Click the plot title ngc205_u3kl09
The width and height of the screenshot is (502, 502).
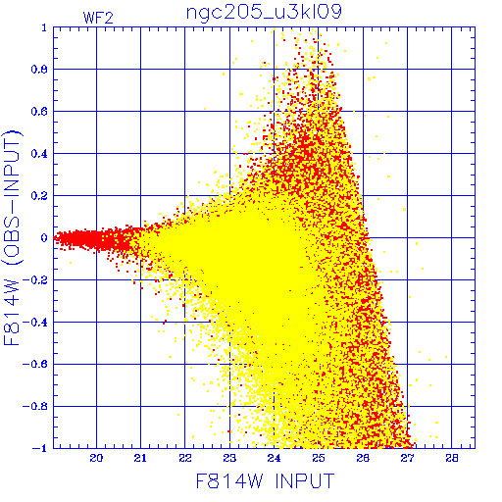pos(264,12)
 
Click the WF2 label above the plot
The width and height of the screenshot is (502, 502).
pos(98,18)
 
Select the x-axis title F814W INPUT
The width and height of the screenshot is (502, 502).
pos(265,480)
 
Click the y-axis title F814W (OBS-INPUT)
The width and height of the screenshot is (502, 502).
pos(12,237)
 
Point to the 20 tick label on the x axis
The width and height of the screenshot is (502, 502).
pos(96,458)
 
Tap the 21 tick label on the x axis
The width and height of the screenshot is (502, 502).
pos(140,458)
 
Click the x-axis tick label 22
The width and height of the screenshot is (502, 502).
pos(185,458)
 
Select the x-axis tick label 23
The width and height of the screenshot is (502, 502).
pos(229,458)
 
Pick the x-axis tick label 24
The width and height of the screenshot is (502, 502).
pos(274,458)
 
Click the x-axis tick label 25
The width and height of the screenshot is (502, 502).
pos(319,458)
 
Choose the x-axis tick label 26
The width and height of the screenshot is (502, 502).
pos(363,458)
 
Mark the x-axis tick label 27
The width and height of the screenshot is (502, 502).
pos(407,458)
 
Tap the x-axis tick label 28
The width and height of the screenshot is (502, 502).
pos(452,458)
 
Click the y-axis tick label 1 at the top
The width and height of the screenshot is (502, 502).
pos(44,27)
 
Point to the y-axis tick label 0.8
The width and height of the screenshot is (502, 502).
pos(39,70)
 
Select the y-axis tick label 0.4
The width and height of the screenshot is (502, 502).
pos(39,154)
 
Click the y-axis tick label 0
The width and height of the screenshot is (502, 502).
pos(44,237)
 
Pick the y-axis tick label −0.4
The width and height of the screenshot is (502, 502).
pos(35,323)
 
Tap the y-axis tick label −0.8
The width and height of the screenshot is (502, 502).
pos(35,406)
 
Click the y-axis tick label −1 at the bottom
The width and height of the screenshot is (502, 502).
pos(39,448)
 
